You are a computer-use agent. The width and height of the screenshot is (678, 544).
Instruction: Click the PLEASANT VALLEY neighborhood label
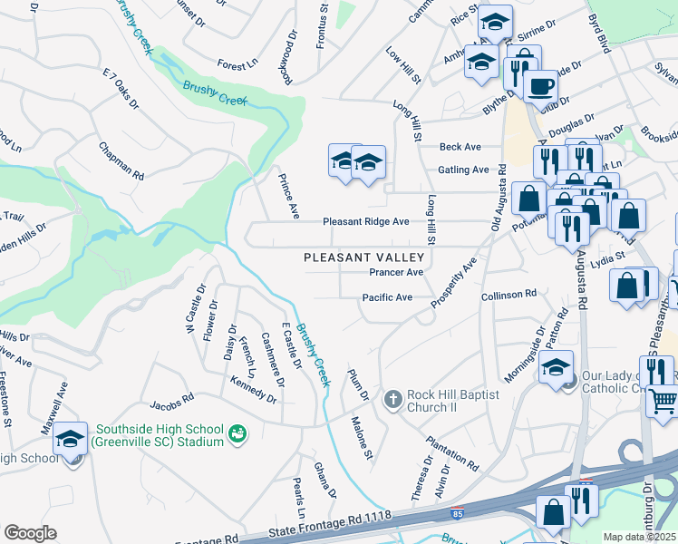click(x=363, y=257)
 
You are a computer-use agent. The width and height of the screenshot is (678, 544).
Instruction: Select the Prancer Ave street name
click(x=396, y=272)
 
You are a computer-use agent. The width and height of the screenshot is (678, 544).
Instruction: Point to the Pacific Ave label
click(x=387, y=297)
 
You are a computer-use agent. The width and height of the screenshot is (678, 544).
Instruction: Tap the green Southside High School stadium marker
click(x=237, y=435)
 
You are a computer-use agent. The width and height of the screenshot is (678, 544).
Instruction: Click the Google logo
click(x=30, y=533)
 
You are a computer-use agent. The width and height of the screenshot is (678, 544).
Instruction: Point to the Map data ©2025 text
click(x=640, y=537)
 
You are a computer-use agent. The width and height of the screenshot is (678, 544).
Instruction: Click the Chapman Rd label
click(x=121, y=160)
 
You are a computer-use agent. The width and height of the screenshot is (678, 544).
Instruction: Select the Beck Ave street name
click(x=460, y=147)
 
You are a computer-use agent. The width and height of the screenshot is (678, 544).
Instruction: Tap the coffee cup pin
click(x=541, y=86)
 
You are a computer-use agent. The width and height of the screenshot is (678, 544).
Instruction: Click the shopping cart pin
click(x=663, y=400)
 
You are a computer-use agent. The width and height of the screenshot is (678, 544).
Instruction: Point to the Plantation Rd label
click(x=452, y=446)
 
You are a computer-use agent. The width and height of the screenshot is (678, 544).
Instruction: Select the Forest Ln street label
click(x=238, y=65)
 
